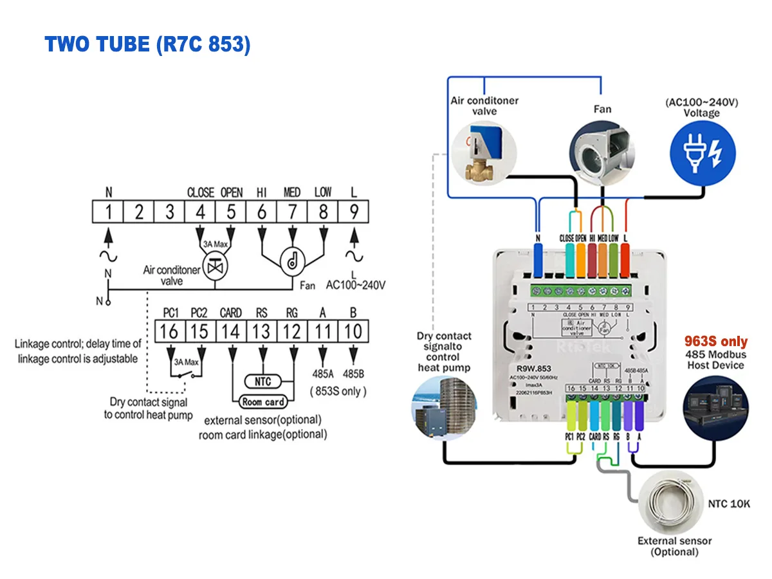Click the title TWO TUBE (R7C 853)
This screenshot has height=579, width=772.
point(147,44)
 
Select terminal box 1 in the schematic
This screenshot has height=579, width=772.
point(108,212)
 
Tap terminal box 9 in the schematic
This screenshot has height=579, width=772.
point(353,212)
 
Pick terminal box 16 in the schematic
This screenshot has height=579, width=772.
point(170,331)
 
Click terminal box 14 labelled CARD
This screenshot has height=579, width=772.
point(231,331)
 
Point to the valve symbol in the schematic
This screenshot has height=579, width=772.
point(212,267)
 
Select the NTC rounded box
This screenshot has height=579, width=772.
point(262,381)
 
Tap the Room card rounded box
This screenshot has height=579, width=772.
point(262,402)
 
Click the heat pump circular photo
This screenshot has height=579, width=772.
point(442,409)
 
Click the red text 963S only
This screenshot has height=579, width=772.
point(715,342)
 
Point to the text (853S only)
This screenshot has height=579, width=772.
point(338,391)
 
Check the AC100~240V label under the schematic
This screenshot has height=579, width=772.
point(356,285)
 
